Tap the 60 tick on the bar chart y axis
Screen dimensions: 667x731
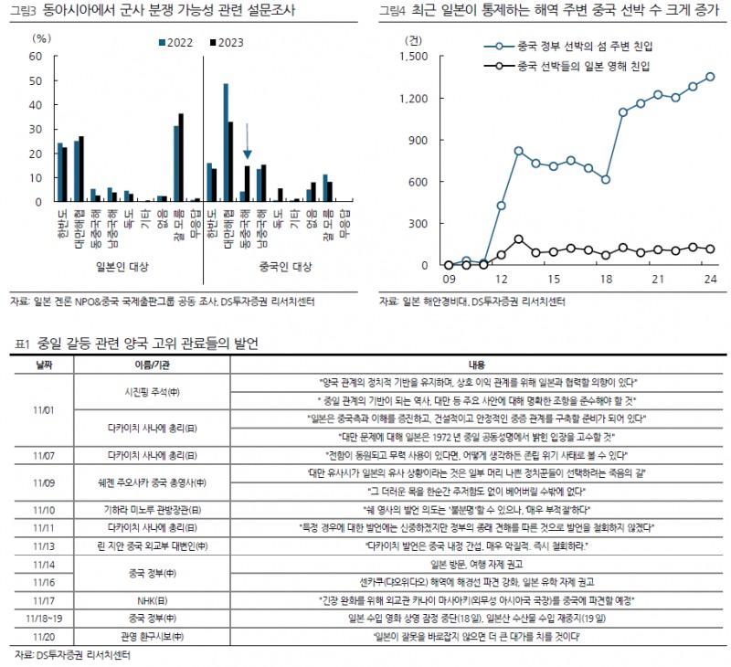click(36, 57)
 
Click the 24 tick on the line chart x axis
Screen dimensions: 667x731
click(709, 279)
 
